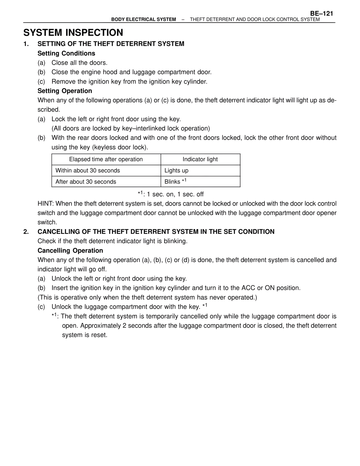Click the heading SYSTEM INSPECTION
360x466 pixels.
[x=73, y=33]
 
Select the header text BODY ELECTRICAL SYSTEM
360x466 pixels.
[x=143, y=19]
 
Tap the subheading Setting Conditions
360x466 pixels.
[x=66, y=53]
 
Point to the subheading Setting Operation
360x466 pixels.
[x=65, y=91]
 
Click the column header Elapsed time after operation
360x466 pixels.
[x=106, y=159]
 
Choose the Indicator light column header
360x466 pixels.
[x=200, y=159]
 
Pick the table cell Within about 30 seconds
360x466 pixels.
[x=88, y=171]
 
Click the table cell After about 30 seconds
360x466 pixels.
[x=86, y=182]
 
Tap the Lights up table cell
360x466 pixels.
[x=176, y=171]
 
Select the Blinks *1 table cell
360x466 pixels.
[x=175, y=182]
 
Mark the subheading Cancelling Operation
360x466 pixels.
[x=70, y=250]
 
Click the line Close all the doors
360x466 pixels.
[x=80, y=63]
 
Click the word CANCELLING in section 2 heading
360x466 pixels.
[x=58, y=232]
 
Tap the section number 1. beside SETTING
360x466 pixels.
[x=26, y=44]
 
